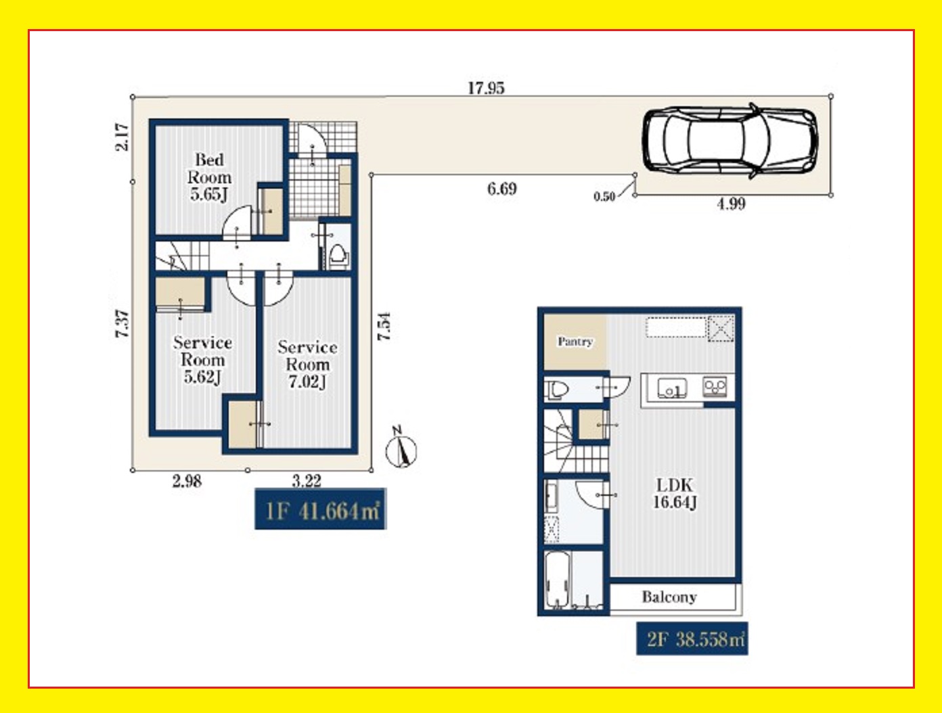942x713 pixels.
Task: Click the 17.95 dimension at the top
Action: [486, 89]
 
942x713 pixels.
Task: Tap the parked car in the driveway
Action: [730, 140]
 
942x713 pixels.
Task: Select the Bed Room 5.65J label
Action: [209, 177]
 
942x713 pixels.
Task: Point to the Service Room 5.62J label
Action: [202, 360]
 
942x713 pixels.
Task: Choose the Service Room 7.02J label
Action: [307, 364]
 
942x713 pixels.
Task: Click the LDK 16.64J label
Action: [675, 493]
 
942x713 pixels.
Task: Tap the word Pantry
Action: [575, 342]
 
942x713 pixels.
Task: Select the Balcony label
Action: [669, 597]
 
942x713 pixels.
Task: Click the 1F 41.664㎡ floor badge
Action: [321, 509]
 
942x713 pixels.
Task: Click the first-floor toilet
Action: [339, 256]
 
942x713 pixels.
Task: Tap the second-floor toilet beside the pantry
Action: [557, 390]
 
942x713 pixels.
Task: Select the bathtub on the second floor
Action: [557, 580]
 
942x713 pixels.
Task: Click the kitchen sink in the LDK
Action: [672, 389]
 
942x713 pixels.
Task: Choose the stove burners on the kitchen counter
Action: [715, 386]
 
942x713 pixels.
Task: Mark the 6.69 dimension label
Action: [501, 189]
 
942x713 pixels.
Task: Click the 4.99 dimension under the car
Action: [732, 204]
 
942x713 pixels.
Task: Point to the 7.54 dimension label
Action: [384, 327]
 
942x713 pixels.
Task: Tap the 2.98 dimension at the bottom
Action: [187, 482]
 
